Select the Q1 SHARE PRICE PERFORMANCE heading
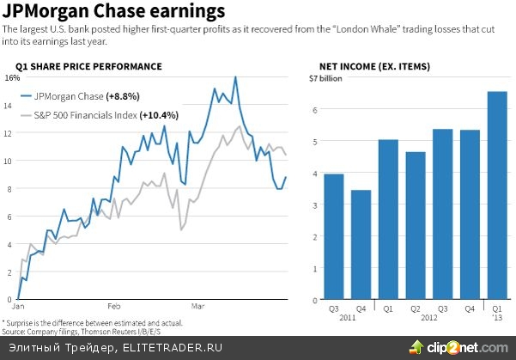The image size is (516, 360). coord(88,66)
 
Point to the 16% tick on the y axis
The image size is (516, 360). coord(12,77)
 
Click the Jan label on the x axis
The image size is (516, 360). coord(17,305)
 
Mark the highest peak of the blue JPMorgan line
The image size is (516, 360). coord(235,77)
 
